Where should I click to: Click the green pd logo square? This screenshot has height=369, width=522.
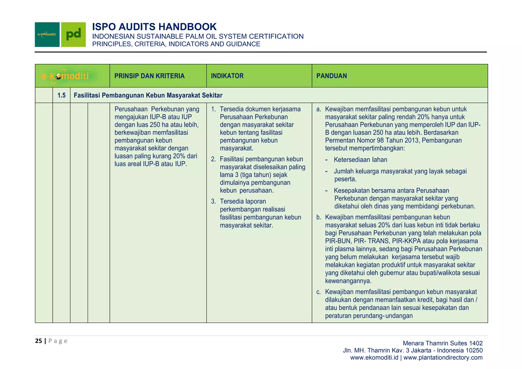(x=73, y=34)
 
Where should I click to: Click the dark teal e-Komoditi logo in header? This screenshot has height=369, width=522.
(x=47, y=34)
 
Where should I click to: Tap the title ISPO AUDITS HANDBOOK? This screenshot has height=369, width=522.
(x=154, y=27)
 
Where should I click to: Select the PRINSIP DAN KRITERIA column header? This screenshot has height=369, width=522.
(x=149, y=76)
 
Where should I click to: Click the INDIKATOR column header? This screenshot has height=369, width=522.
(x=227, y=76)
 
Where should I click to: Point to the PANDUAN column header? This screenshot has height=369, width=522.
(x=331, y=76)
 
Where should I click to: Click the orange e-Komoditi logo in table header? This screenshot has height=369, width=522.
(x=66, y=76)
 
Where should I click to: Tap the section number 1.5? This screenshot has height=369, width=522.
(x=61, y=96)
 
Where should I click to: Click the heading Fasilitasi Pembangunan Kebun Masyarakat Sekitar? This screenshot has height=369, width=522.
(x=148, y=96)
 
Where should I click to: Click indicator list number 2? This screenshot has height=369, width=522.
(x=213, y=159)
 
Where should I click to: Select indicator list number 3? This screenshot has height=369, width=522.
(x=213, y=202)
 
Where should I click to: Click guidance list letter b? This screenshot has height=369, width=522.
(x=319, y=217)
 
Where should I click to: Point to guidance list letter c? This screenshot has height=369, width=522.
(x=319, y=292)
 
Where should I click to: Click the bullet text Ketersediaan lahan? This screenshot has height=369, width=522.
(x=360, y=160)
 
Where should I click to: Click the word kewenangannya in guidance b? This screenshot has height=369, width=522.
(x=348, y=281)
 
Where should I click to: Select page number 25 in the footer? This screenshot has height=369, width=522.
(x=38, y=341)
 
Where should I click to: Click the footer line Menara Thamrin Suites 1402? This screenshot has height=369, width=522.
(x=442, y=343)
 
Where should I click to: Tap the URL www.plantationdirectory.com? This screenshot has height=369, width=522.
(x=443, y=358)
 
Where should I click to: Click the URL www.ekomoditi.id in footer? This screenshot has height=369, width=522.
(x=374, y=358)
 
